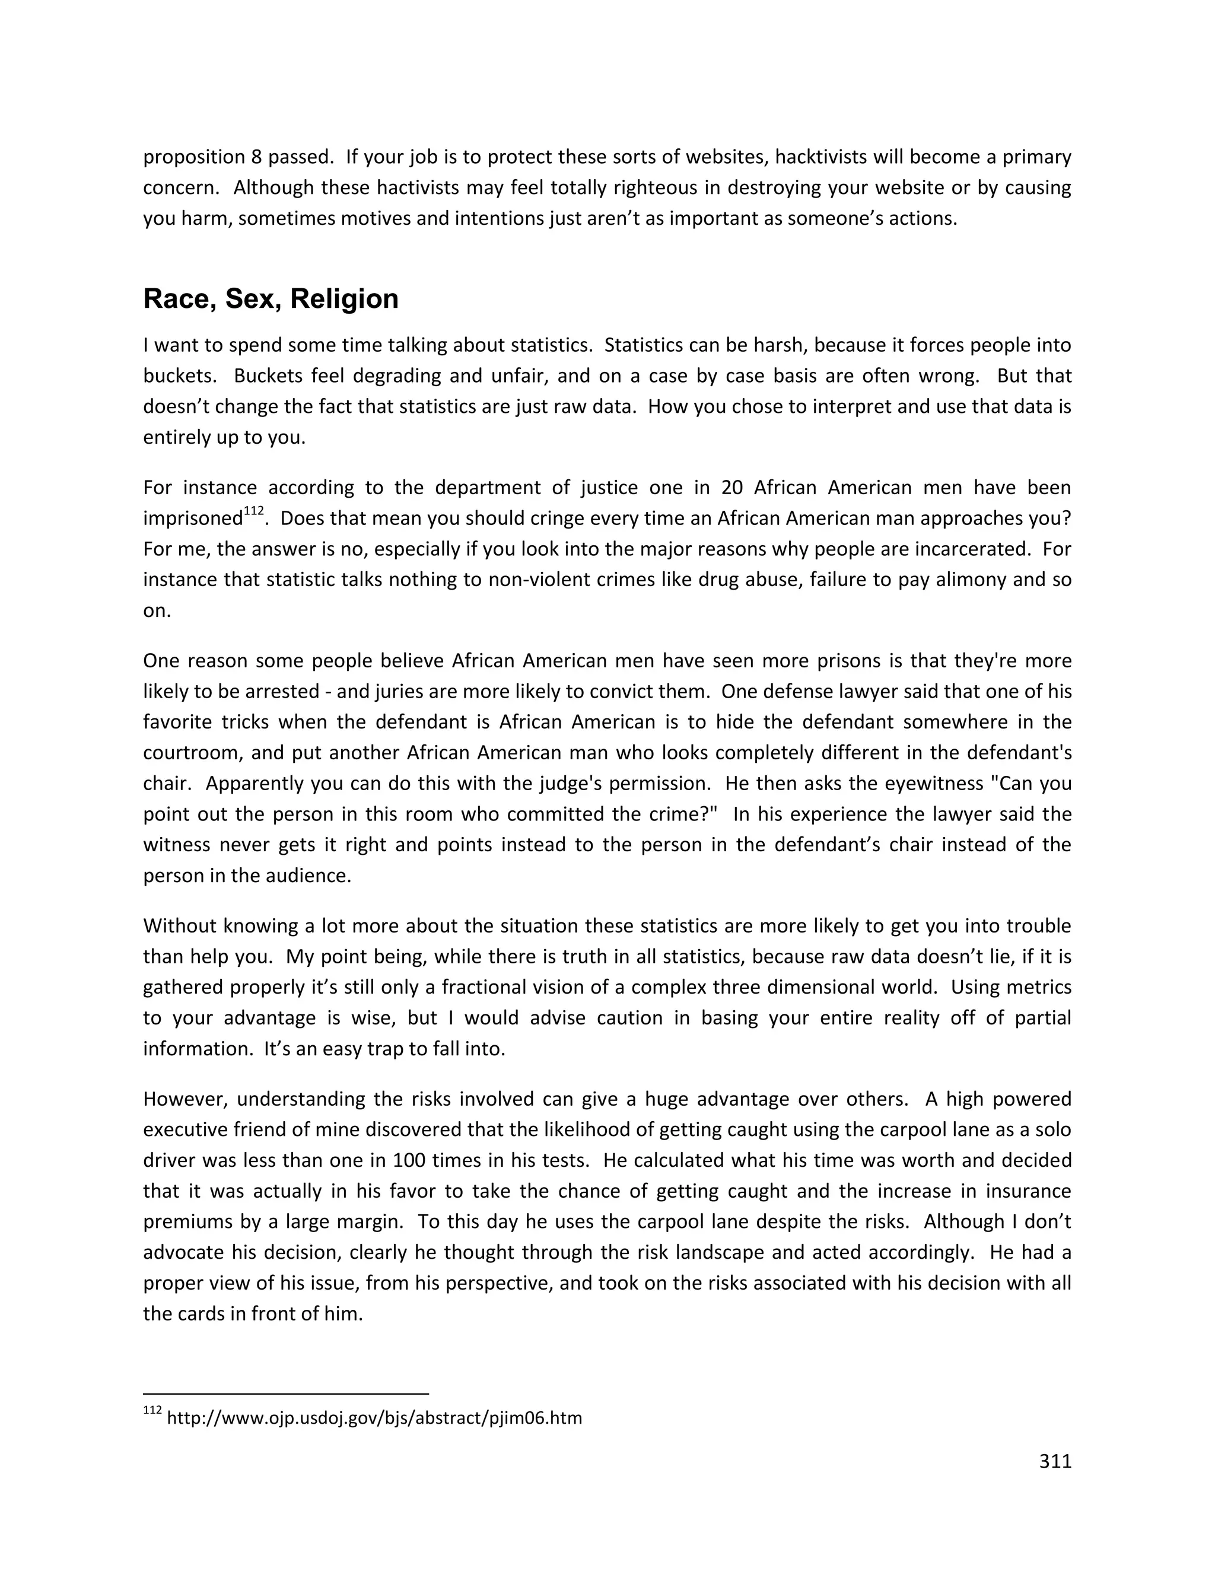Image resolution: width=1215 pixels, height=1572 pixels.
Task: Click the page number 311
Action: (1055, 1461)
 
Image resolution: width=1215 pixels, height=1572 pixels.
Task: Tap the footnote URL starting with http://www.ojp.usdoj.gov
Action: (374, 1418)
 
